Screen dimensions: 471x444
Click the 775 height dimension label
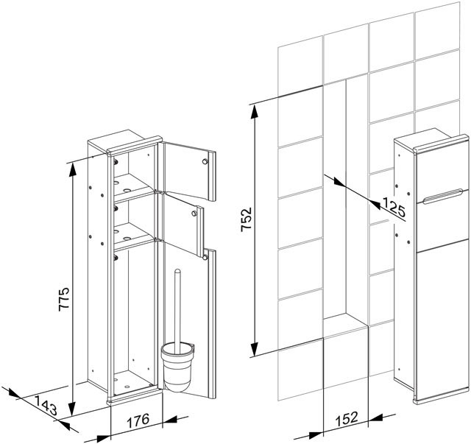coord(63,299)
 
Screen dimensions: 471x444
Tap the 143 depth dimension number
coord(46,406)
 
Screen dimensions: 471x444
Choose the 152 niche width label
coord(346,418)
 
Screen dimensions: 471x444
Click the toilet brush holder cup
coord(177,367)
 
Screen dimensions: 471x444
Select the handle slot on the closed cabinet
coord(442,197)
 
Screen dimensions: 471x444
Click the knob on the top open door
coord(205,161)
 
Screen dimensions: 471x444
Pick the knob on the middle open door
coord(194,214)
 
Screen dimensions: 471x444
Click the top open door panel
coord(187,172)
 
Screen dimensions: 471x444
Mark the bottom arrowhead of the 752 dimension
coord(255,348)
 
